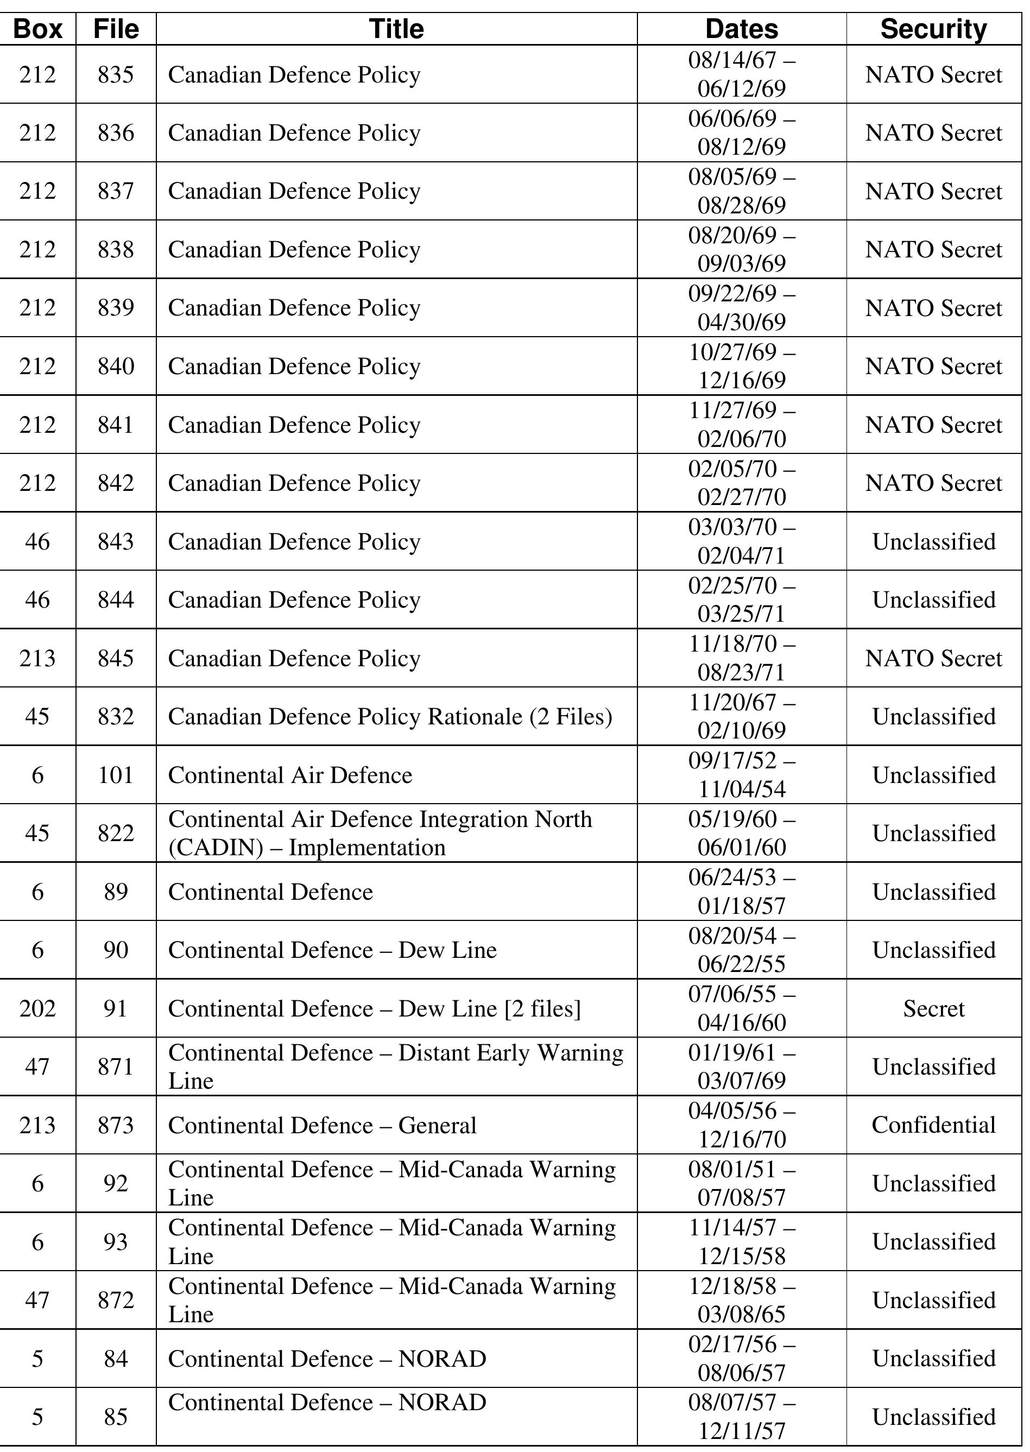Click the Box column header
[37, 29]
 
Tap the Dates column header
[742, 29]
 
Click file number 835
[116, 75]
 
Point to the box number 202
[37, 1008]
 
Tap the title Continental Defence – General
[321, 1125]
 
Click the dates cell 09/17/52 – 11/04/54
[742, 774]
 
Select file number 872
[116, 1301]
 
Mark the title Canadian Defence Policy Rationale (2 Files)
[389, 717]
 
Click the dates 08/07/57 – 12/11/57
[742, 1417]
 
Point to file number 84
[116, 1359]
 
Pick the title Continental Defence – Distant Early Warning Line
[395, 1066]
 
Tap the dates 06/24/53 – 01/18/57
[742, 891]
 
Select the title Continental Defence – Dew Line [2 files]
[374, 1008]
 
